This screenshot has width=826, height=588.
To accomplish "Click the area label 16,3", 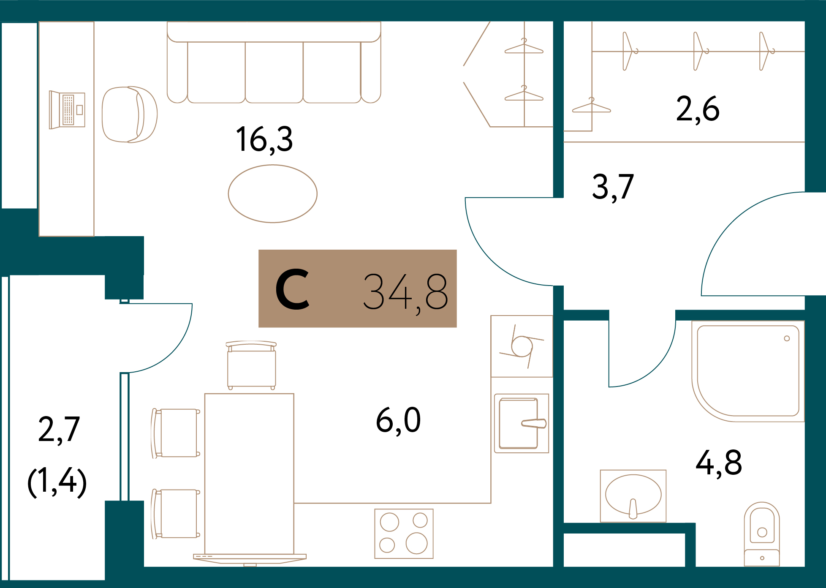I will coord(264,139).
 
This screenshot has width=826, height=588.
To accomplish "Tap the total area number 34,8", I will coord(405,291).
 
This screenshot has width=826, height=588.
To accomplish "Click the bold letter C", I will coord(292,290).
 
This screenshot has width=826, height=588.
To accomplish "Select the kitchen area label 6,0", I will coord(398,420).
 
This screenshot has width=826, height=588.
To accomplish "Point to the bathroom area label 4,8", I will coord(719,463).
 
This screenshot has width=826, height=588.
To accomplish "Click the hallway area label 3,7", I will coord(613,187).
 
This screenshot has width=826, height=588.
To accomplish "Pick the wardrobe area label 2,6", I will coord(698,109).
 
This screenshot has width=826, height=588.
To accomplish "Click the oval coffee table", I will coord(272,193).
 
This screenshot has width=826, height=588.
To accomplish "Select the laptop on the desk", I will coord(68,110).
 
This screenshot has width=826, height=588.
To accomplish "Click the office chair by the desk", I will coord(129,114).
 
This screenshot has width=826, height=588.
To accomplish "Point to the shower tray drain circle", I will coord(787,338).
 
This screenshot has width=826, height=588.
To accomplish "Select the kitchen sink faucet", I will coord(534,423).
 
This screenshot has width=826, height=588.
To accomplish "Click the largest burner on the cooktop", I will coord(416,543).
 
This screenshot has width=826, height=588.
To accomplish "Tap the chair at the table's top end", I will coord(251,366).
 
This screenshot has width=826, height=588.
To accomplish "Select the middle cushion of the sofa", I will coord(274,72).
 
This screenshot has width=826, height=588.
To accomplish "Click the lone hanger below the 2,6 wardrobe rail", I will coord(591,106).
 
